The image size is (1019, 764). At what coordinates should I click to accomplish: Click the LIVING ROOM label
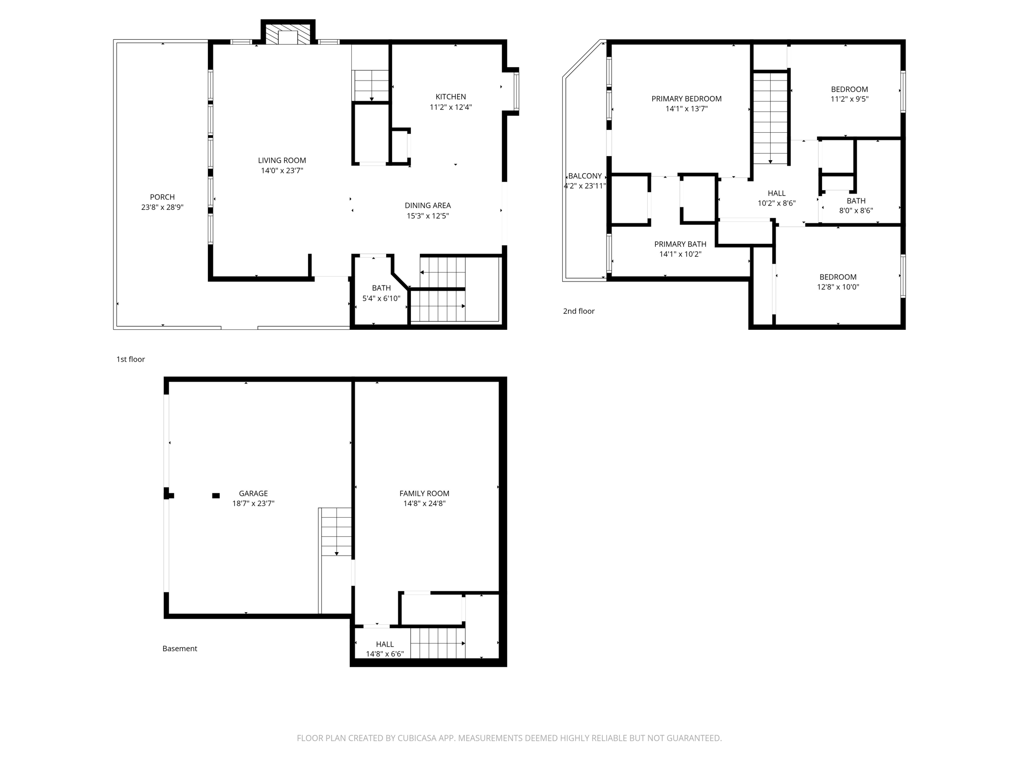282,160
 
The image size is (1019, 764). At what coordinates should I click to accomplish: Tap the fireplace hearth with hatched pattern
288,34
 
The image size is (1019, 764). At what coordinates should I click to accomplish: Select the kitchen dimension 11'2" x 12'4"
450,107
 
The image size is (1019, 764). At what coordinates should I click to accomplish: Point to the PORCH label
162,197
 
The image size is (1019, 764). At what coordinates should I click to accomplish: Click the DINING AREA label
427,205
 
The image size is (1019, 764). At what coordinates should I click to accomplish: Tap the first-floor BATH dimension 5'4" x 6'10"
381,298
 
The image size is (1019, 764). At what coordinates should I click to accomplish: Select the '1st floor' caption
130,359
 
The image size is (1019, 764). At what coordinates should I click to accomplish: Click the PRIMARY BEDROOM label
686,99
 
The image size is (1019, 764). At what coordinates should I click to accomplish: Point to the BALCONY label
585,176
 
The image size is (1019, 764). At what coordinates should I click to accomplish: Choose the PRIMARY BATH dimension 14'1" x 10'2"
680,254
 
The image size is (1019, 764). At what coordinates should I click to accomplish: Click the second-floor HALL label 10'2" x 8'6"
776,193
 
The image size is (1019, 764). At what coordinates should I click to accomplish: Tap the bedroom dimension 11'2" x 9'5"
849,99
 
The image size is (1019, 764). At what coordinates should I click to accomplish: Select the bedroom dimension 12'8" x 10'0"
838,287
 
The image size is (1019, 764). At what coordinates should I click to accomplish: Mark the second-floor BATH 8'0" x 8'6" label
856,201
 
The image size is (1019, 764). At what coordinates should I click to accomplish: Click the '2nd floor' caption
579,311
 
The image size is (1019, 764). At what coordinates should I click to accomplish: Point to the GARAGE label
253,493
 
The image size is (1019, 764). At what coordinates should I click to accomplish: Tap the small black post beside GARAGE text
216,495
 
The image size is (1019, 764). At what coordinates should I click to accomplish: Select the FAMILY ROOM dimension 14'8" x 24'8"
424,503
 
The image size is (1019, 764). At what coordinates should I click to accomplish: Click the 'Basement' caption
180,649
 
